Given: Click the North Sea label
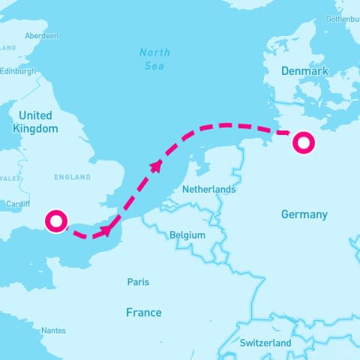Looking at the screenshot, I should (154, 59).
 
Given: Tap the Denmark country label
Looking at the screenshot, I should (304, 71).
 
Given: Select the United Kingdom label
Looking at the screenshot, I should (35, 122).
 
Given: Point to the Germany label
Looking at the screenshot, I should (304, 214).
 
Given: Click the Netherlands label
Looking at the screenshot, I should (209, 190).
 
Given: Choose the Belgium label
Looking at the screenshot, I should (187, 235).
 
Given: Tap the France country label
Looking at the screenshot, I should (142, 313).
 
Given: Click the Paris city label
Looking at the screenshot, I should (138, 282).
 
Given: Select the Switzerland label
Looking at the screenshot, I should (265, 343).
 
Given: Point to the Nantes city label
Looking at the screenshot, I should (53, 330).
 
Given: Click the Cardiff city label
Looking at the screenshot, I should (17, 204).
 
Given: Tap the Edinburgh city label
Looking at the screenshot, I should (17, 71).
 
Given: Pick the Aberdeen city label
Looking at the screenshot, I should (41, 35).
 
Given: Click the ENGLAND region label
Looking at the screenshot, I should (72, 178).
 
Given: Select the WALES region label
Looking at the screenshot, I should (9, 178).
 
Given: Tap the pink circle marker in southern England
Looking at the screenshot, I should (56, 221).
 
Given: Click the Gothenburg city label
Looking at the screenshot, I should (343, 18).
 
